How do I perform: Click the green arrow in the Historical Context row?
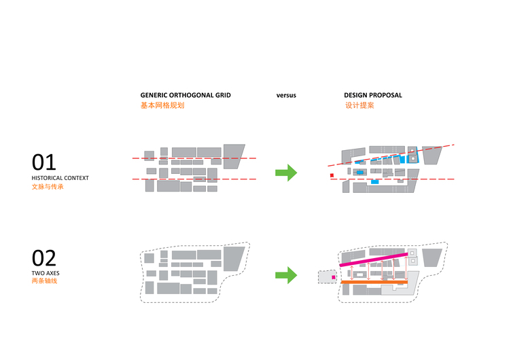tap(286, 173)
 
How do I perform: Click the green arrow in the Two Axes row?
tap(286, 275)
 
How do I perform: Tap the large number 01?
tap(44, 162)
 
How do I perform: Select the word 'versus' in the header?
tap(286, 96)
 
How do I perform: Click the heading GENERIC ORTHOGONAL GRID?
tap(185, 96)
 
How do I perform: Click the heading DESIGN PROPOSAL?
tap(373, 96)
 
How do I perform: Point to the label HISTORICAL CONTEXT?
tap(60, 179)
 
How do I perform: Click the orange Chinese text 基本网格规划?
tap(162, 106)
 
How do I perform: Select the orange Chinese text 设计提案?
tap(360, 106)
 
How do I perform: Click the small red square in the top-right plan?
tap(332, 175)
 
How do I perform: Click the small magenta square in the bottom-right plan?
tap(333, 277)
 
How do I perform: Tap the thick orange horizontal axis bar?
tap(374, 282)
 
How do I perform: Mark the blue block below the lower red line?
tap(374, 182)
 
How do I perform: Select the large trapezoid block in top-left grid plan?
tap(234, 157)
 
